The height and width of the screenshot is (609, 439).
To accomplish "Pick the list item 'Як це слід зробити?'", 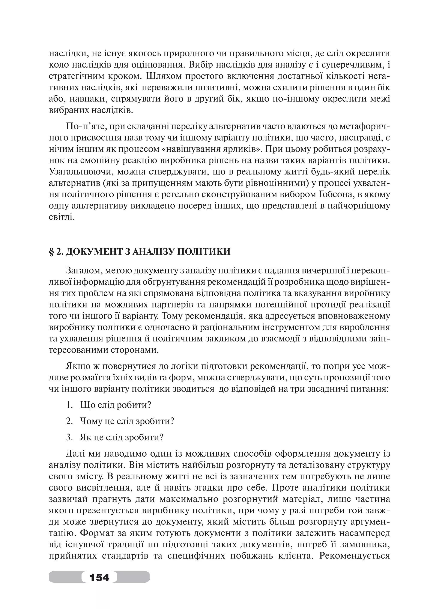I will (x=122, y=437).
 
